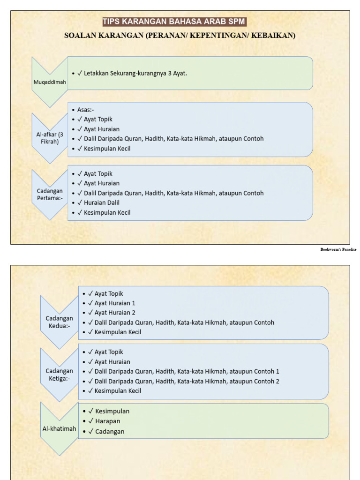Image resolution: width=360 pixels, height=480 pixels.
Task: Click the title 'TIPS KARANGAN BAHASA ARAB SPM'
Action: pos(174,22)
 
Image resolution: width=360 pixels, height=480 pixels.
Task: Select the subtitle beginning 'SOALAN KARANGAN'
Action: pos(180,36)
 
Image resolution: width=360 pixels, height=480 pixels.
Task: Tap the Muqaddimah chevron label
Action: pos(50,82)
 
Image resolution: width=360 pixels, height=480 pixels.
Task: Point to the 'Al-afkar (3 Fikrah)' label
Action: pos(50,138)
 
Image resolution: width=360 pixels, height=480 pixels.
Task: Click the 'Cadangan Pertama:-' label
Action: pos(50,195)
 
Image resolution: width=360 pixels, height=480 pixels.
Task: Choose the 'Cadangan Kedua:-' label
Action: pos(59,322)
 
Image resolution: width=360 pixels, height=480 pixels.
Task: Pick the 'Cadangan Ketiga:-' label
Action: pos(59,375)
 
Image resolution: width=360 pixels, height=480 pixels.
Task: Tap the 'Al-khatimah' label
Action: pos(59,428)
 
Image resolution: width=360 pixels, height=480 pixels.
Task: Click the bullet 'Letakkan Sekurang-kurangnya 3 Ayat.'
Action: pos(135,73)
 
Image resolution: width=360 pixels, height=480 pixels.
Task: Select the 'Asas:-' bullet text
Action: pos(86,110)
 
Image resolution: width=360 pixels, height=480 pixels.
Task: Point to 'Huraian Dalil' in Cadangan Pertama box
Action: pos(102,202)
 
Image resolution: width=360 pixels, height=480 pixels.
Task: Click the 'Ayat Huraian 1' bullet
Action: pos(115,303)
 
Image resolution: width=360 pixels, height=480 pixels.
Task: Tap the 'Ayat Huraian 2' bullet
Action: pos(115,313)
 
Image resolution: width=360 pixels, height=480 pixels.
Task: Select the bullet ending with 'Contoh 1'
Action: pos(187,371)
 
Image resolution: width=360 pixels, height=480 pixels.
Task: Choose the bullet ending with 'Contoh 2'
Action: pos(187,381)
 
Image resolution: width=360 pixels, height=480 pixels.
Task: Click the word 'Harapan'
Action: pos(107,421)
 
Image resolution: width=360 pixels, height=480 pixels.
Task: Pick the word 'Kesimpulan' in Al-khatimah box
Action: pos(112,411)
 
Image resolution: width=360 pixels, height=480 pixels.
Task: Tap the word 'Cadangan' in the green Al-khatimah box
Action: pos(110,431)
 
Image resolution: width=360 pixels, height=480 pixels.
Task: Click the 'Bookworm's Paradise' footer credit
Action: pos(338,249)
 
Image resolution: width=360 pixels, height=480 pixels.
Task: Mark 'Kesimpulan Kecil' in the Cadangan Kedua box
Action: pos(118,332)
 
